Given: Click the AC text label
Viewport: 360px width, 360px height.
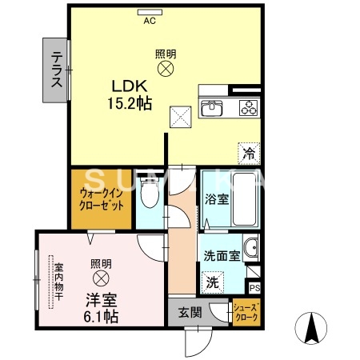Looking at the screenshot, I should (150, 22).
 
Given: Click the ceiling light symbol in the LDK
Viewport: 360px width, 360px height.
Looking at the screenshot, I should (166, 70).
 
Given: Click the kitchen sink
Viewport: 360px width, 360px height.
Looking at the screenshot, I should (214, 108).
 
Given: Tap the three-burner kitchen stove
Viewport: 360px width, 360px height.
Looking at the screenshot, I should (248, 108).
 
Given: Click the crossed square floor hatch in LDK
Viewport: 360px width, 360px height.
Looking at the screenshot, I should (180, 117).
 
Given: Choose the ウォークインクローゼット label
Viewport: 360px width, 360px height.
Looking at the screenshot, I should (102, 199).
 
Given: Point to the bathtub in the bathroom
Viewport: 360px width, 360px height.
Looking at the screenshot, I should (244, 198).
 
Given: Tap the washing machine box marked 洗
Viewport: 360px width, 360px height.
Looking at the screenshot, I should (212, 282).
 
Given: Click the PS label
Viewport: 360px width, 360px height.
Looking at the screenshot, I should (254, 288).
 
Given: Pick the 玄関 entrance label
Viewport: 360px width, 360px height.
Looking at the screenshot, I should (183, 312).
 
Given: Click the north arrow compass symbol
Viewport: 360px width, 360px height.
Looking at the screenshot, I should (312, 329).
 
